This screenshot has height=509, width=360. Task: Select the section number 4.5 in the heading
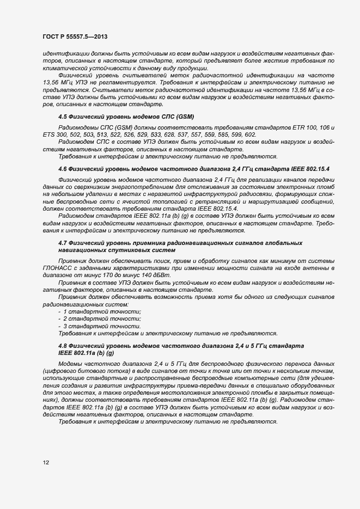[63, 117]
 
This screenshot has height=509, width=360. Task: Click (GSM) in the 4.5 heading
[184, 117]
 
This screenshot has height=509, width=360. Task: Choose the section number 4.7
[63, 242]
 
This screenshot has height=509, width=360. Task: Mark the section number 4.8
[63, 347]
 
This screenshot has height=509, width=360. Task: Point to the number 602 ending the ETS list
[250, 134]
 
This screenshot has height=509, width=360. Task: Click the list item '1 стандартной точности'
[101, 311]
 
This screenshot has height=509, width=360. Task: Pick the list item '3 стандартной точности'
[101, 326]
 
